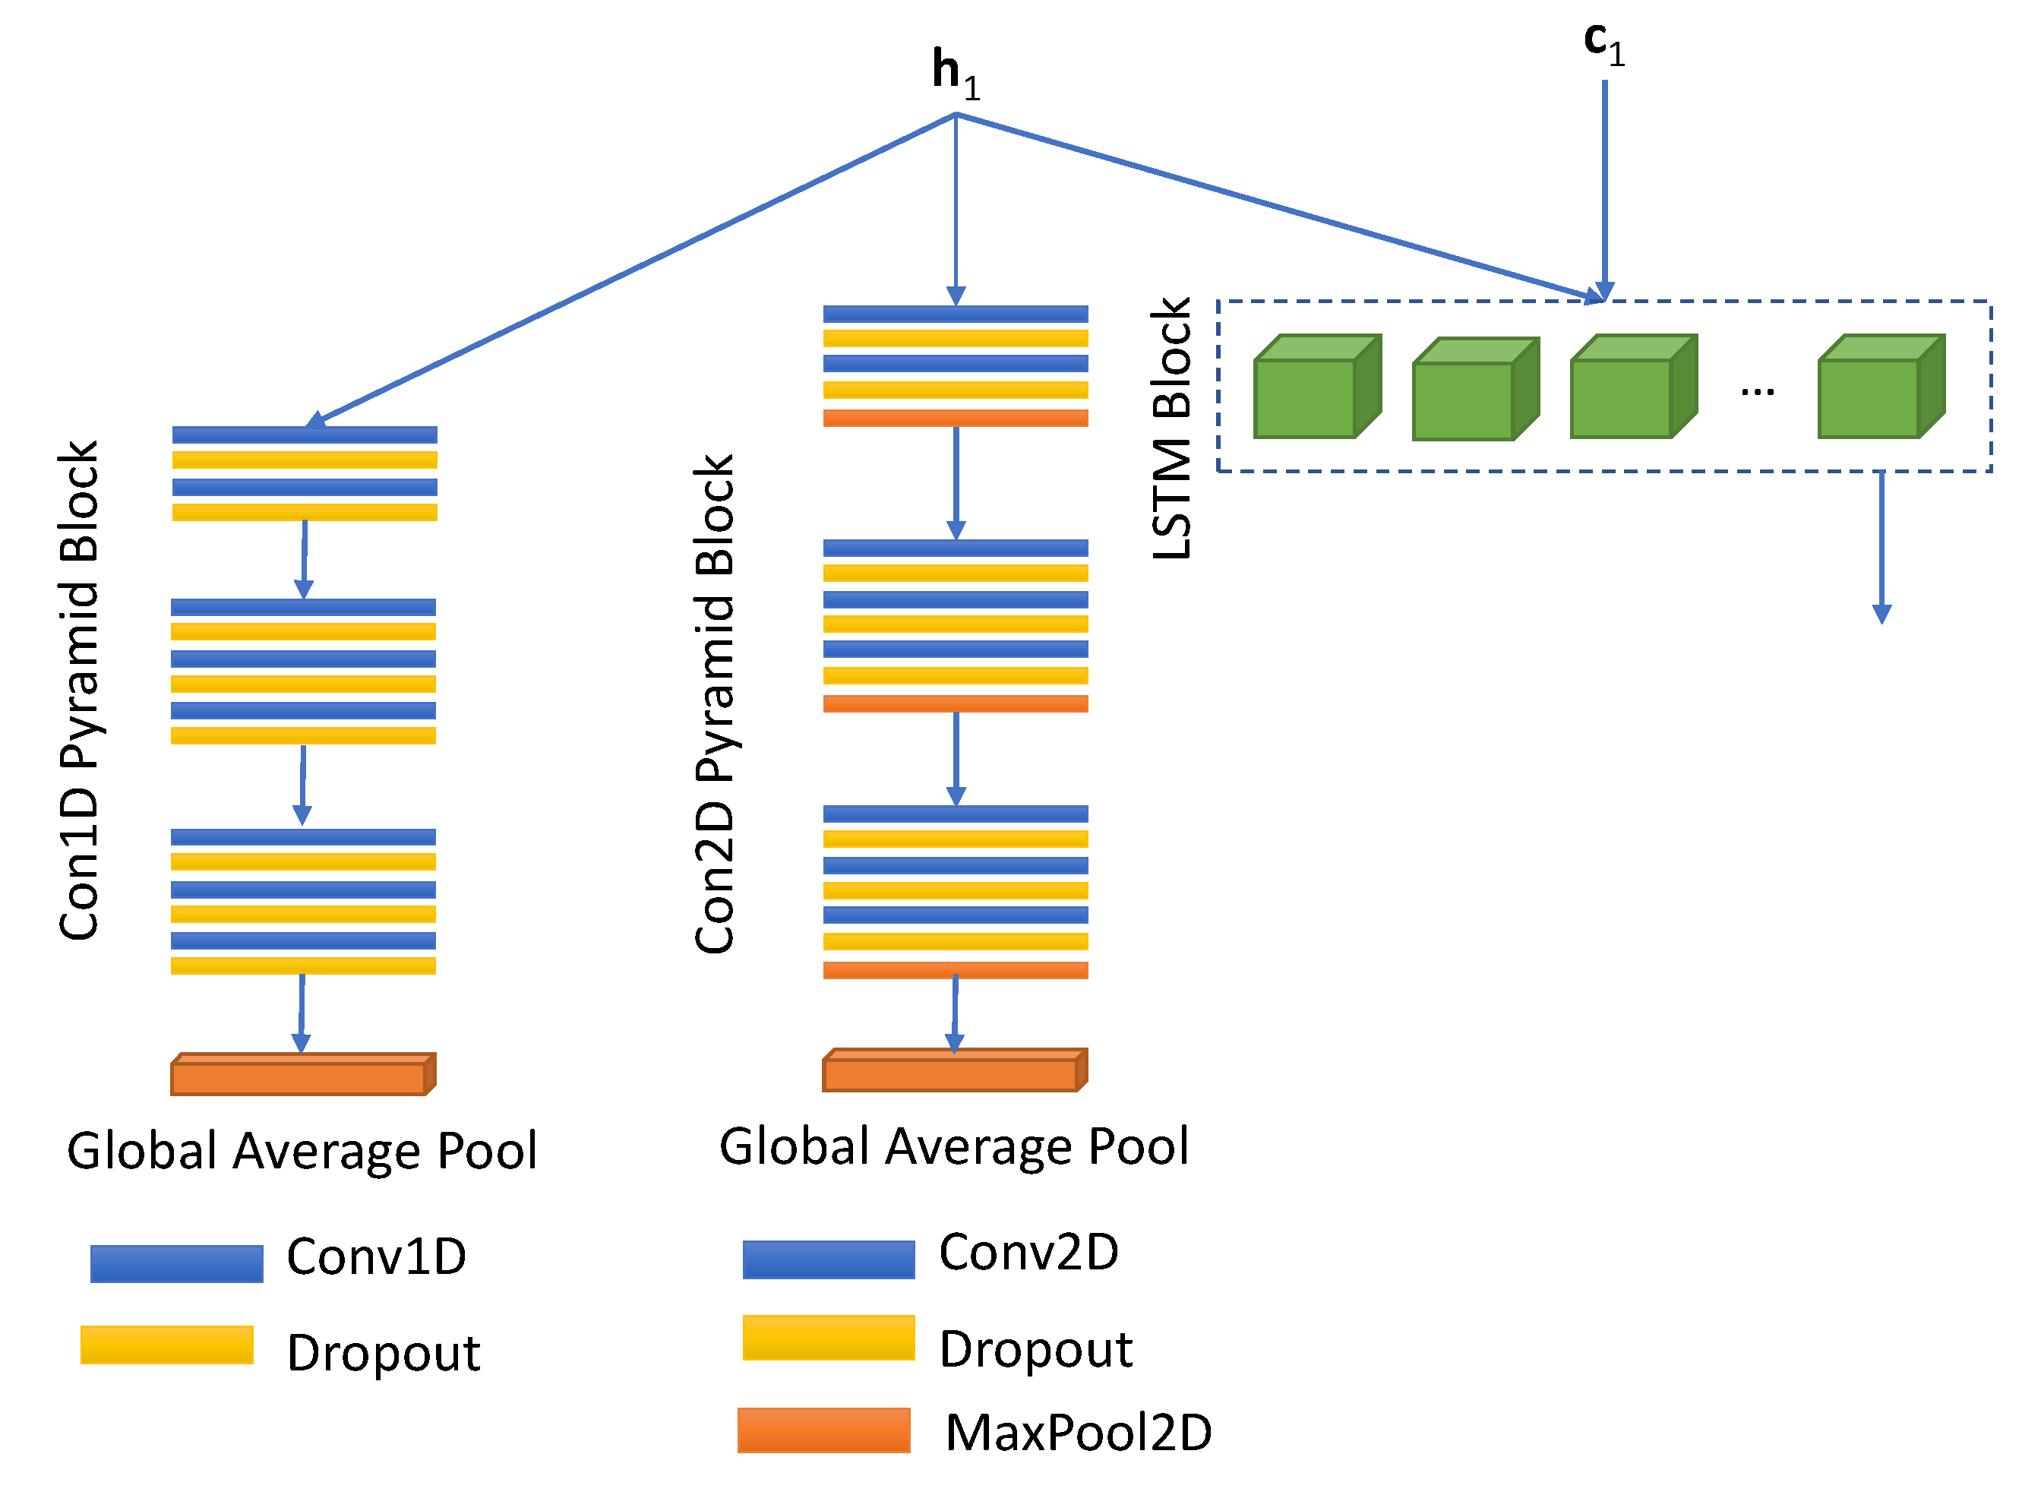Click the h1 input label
[x=956, y=72]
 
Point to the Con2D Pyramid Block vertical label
[x=715, y=704]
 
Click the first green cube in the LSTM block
[x=1316, y=387]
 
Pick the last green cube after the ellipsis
[x=1881, y=387]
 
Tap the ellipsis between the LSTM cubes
[x=1757, y=392]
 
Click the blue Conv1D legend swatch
[x=176, y=1263]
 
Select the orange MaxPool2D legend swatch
[x=824, y=1430]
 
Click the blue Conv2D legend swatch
[x=829, y=1259]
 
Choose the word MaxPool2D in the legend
[x=1079, y=1433]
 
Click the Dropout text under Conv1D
[x=383, y=1353]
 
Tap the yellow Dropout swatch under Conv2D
[x=829, y=1338]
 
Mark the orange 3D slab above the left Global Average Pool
[x=303, y=1074]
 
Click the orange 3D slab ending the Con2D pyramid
[x=955, y=1070]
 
